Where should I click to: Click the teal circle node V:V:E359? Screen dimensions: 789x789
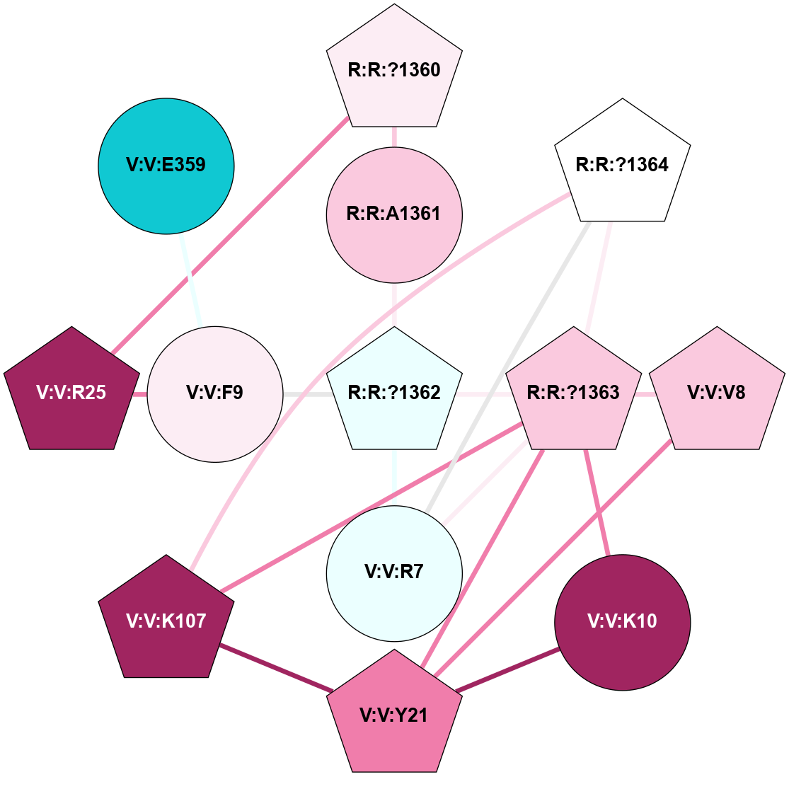[166, 166]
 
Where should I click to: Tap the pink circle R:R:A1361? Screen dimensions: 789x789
[394, 214]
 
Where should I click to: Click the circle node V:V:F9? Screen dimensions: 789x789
[215, 393]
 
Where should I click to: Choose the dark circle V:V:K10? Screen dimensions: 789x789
[622, 621]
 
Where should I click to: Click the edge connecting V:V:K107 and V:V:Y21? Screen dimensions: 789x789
[276, 667]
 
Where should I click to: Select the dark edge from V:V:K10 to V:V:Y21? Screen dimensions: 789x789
[507, 669]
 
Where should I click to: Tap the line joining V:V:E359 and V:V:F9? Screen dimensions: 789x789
[192, 280]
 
